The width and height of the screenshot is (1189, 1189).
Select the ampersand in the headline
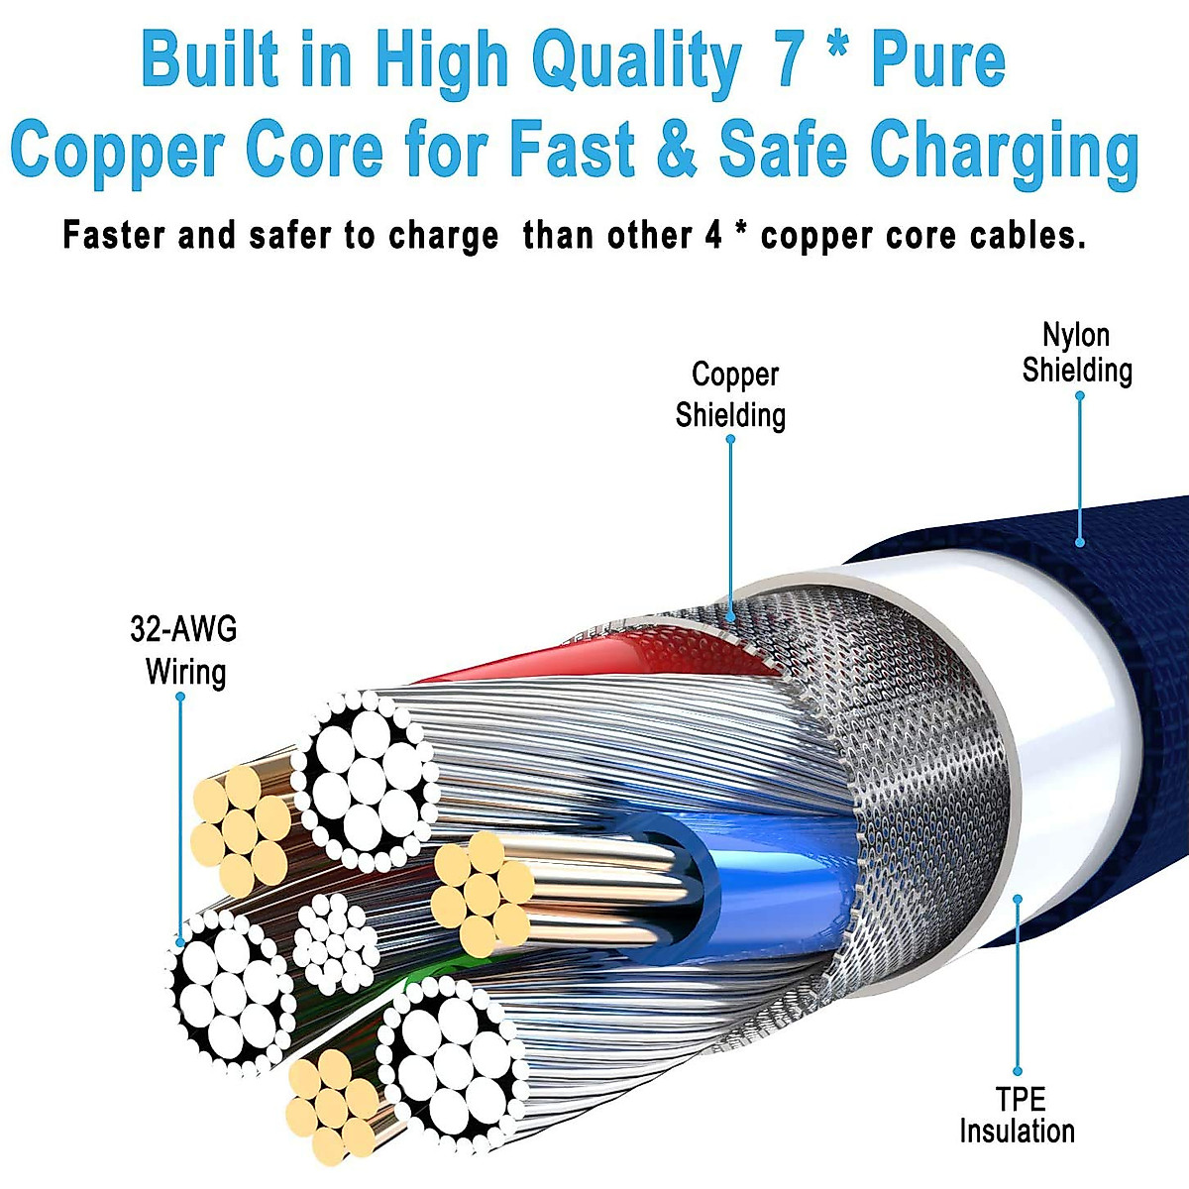(x=677, y=149)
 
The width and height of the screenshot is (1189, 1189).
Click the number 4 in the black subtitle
(x=713, y=236)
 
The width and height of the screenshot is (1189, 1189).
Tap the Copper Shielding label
(x=731, y=394)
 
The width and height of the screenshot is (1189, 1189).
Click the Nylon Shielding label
(x=1076, y=353)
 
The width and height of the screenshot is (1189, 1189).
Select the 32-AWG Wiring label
(x=184, y=650)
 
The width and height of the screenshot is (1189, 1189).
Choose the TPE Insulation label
(x=1018, y=1115)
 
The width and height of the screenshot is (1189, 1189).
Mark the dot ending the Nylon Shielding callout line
(x=1080, y=542)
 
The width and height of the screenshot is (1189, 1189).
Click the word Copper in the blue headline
(x=117, y=149)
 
